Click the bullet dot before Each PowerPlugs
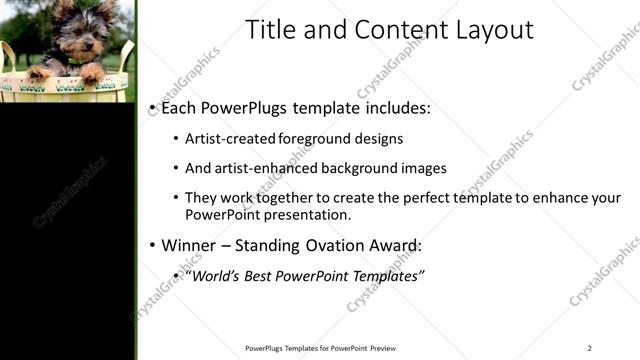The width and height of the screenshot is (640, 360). pyautogui.click(x=151, y=107)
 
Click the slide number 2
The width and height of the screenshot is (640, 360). pyautogui.click(x=589, y=348)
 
